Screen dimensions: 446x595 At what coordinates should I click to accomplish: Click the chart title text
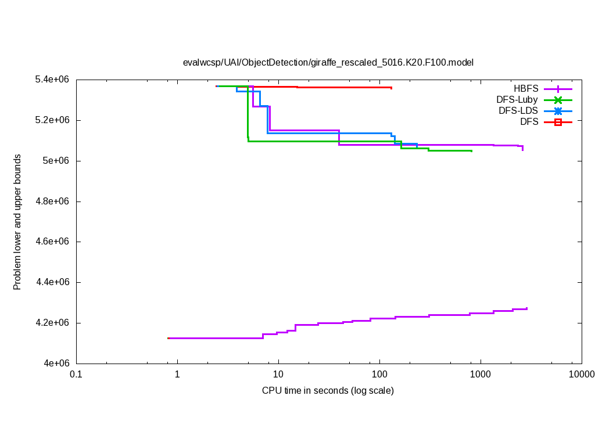(x=328, y=62)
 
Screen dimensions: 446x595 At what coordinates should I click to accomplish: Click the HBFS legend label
(x=526, y=89)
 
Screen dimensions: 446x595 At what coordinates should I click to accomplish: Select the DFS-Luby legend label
(x=517, y=100)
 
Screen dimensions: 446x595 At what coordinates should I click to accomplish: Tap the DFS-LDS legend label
(x=518, y=111)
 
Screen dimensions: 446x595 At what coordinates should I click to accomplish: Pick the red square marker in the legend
(x=558, y=122)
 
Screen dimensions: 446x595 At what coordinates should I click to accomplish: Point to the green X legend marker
(x=558, y=100)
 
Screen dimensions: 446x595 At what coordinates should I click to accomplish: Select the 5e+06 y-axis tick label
(x=57, y=161)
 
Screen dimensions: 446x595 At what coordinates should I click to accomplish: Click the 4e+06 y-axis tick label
(x=57, y=364)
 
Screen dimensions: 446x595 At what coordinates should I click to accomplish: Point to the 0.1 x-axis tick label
(x=76, y=375)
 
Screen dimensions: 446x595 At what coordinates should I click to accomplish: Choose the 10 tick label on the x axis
(x=278, y=375)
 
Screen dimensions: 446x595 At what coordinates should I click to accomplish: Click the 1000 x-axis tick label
(x=480, y=375)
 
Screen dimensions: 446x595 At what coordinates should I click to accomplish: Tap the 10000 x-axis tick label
(x=580, y=375)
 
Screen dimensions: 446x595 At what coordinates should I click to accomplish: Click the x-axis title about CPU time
(x=328, y=390)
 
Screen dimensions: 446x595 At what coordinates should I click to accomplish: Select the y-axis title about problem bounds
(x=17, y=222)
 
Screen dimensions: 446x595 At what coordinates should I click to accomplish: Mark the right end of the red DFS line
(x=391, y=88)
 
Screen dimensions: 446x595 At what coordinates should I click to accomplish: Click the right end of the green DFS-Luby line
(x=471, y=151)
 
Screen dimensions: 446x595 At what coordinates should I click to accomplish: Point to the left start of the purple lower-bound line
(x=169, y=338)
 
